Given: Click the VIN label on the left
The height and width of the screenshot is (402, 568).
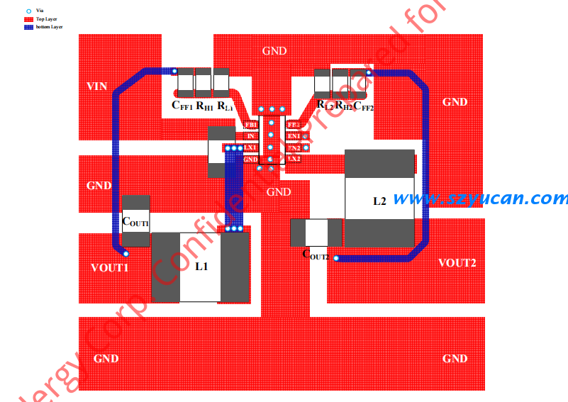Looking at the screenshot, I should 97,86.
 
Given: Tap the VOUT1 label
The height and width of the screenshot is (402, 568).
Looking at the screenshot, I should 110,268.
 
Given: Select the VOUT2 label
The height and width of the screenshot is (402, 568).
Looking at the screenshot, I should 457,263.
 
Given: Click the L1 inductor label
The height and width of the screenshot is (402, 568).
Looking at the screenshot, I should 201,267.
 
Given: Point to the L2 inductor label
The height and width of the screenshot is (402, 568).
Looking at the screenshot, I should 380,201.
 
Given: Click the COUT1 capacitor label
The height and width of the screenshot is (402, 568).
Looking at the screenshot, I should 135,222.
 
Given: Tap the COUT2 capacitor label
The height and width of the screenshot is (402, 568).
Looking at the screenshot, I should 316,254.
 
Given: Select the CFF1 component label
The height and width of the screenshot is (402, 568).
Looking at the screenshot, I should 182,106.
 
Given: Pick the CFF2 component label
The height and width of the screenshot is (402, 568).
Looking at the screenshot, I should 363,106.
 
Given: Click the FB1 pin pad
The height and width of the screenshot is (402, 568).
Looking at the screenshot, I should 251,125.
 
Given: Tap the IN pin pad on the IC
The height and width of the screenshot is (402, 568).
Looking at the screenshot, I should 251,136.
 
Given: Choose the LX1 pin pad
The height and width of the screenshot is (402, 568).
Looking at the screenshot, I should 250,147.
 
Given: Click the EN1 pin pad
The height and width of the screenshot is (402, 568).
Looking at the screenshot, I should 294,136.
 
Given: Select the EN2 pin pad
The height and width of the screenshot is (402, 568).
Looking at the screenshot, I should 294,147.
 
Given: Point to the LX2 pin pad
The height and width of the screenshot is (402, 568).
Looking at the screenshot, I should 294,159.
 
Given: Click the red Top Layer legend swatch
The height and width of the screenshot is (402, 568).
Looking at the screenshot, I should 29,19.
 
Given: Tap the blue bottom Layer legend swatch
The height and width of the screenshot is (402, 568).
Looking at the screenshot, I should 29,27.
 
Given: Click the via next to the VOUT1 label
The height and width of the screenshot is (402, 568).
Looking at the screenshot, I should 126,253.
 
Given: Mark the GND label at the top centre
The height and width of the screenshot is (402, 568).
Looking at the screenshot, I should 274,51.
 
